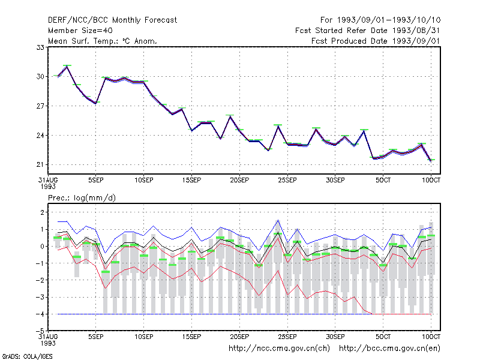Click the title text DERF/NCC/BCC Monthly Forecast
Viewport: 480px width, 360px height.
click(112, 20)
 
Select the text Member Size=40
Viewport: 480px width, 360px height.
click(80, 31)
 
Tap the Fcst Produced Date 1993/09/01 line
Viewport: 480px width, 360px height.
click(376, 41)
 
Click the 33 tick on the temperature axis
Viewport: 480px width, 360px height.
click(40, 47)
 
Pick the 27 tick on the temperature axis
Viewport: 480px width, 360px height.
click(40, 106)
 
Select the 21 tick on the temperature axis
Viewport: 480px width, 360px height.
click(40, 164)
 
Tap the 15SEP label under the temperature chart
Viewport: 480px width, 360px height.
click(191, 180)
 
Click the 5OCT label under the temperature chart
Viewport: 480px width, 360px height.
click(383, 180)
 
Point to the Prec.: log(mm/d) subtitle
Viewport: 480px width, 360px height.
click(82, 198)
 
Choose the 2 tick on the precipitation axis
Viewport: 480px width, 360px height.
click(42, 212)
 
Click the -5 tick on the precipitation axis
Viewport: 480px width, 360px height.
click(40, 331)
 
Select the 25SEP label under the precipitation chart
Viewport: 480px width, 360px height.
click(287, 337)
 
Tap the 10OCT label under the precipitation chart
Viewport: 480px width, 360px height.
click(431, 337)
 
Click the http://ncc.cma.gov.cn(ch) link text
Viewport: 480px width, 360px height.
click(279, 349)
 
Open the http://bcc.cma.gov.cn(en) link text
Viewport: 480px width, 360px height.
click(389, 349)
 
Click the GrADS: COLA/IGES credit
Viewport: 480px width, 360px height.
click(28, 356)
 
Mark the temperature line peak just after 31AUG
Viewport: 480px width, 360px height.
click(67, 67)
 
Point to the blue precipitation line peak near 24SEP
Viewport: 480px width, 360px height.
click(278, 220)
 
